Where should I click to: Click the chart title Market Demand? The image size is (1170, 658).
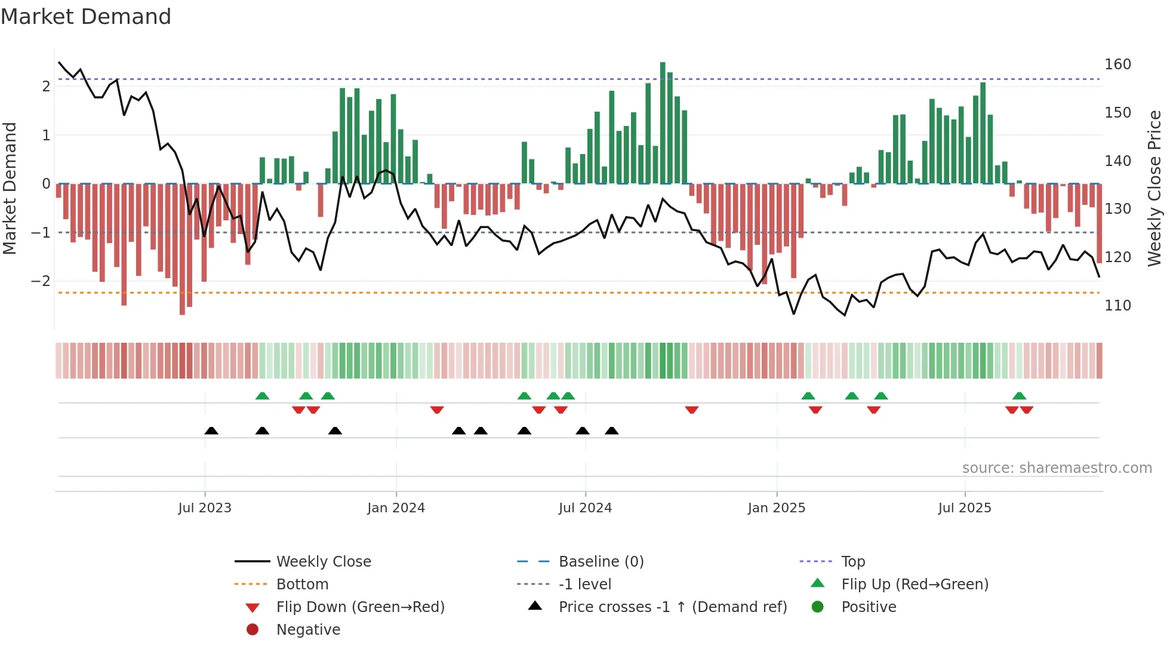pyautogui.click(x=86, y=16)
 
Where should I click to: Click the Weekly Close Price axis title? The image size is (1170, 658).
pyautogui.click(x=1154, y=188)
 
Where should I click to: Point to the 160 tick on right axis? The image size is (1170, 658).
pyautogui.click(x=1117, y=64)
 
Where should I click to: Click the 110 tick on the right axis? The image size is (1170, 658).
pyautogui.click(x=1117, y=306)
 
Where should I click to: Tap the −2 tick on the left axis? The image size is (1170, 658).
pyautogui.click(x=41, y=281)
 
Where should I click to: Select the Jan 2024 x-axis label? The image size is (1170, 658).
pyautogui.click(x=396, y=508)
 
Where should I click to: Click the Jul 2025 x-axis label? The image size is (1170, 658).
pyautogui.click(x=964, y=508)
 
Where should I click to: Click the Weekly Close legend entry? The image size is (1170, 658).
pyautogui.click(x=323, y=562)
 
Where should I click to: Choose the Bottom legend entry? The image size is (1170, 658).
pyautogui.click(x=302, y=585)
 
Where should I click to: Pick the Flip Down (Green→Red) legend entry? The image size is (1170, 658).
pyautogui.click(x=360, y=607)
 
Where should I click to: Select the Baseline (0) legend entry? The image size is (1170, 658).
pyautogui.click(x=601, y=562)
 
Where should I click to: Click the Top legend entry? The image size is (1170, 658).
pyautogui.click(x=852, y=562)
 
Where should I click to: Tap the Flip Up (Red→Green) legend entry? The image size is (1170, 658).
pyautogui.click(x=915, y=585)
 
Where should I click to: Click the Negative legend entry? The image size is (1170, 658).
pyautogui.click(x=308, y=630)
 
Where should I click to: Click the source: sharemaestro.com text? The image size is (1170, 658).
pyautogui.click(x=1057, y=468)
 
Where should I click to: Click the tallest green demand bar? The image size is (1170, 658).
pyautogui.click(x=663, y=122)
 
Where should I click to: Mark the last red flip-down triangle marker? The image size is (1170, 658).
pyautogui.click(x=1026, y=410)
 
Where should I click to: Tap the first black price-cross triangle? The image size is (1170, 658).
pyautogui.click(x=211, y=431)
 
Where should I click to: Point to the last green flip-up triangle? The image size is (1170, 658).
pyautogui.click(x=1019, y=396)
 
